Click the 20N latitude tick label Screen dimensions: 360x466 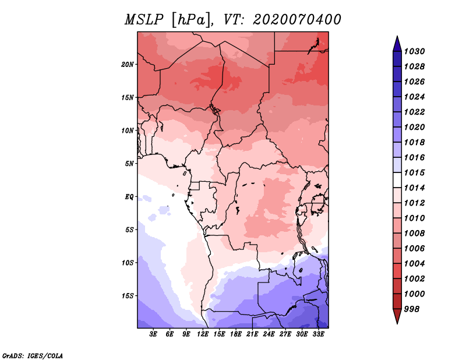click(x=128, y=64)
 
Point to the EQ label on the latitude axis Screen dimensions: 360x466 click(x=129, y=196)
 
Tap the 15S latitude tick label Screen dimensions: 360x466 click(x=128, y=295)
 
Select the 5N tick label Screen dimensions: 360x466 click(x=129, y=163)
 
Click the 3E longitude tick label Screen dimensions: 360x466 click(x=153, y=334)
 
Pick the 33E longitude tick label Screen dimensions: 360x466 click(x=318, y=334)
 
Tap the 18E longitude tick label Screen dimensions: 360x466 click(x=236, y=334)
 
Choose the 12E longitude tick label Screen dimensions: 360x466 click(x=203, y=334)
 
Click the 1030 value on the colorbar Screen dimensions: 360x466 click(x=415, y=51)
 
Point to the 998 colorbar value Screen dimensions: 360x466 click(x=412, y=309)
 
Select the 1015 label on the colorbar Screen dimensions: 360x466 click(x=415, y=172)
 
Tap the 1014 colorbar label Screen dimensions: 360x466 click(x=415, y=188)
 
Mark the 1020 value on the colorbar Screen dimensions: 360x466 click(x=415, y=127)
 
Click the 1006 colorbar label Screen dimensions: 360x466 click(x=415, y=248)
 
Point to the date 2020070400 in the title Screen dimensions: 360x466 click(x=297, y=20)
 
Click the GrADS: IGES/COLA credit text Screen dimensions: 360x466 click(x=32, y=355)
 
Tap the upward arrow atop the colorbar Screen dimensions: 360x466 click(x=397, y=43)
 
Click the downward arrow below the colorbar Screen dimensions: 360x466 click(x=397, y=317)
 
